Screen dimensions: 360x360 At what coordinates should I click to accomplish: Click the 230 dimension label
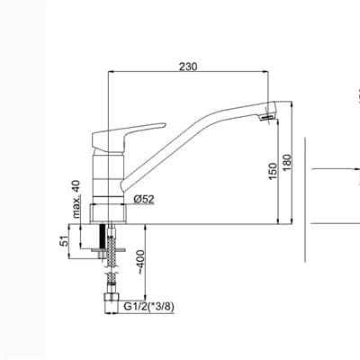coord(188,67)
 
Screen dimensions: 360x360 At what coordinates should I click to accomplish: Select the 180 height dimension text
coord(287,163)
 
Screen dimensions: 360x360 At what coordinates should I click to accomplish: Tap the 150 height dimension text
coord(273,171)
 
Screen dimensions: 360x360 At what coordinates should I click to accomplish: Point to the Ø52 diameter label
coord(144,199)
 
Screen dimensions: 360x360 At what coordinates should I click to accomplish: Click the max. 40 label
coord(76,199)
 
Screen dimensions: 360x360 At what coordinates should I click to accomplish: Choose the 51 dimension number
coord(64,241)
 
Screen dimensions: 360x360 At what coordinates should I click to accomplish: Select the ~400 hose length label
coord(140,262)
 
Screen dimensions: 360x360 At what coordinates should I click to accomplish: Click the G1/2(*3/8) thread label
coord(149,306)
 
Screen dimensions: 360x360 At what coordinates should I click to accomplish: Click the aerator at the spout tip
coord(267,117)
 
